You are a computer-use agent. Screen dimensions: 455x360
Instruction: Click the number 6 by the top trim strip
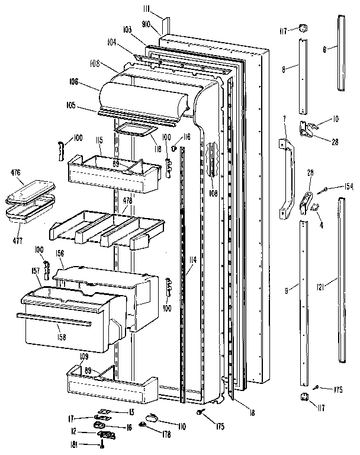[325, 50]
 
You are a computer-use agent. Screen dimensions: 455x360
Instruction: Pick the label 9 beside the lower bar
[287, 290]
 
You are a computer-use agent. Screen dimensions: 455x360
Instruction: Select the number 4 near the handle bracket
[321, 223]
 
